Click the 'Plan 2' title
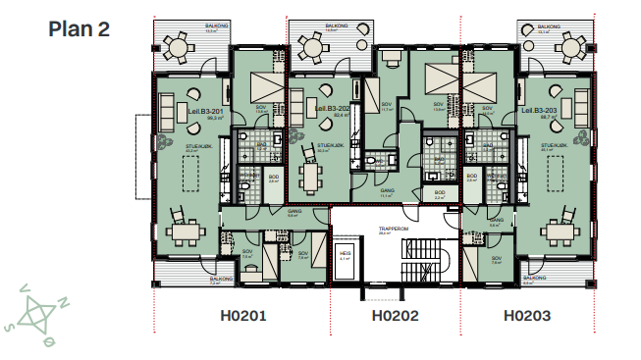79,28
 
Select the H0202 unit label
395,316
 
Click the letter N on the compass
65,303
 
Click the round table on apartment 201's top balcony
178,46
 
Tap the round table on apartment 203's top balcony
565,45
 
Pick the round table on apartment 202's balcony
313,45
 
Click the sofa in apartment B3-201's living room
168,105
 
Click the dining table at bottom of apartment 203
563,231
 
